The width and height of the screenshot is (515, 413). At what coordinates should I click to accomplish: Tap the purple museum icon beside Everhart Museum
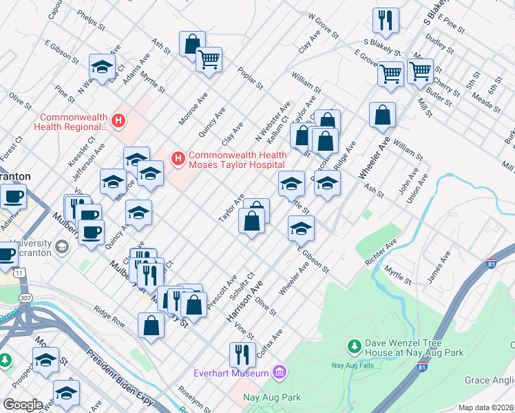click(279, 373)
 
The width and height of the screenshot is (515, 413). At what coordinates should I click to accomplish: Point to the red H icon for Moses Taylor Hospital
click(178, 160)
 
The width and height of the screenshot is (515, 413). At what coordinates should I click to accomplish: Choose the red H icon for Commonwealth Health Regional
click(118, 121)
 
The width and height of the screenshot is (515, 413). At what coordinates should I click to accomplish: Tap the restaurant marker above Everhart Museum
click(242, 354)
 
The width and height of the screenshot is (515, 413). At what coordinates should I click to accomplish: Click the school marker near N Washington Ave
click(103, 67)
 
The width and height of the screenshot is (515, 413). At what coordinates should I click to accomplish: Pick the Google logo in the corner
click(23, 404)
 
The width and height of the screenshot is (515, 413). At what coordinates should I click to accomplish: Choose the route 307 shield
click(25, 297)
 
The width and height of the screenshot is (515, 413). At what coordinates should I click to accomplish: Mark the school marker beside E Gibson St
click(301, 229)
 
